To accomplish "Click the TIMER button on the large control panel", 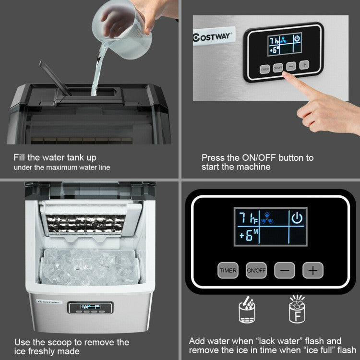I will [x=228, y=270].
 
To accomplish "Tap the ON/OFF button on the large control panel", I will [x=256, y=270].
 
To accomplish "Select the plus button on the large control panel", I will [x=312, y=270].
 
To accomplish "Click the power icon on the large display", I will [x=297, y=218].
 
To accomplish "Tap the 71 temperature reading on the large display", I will [x=246, y=218].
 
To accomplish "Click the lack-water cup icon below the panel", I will [x=247, y=310].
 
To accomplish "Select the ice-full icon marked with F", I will [x=298, y=310].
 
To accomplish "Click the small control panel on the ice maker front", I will [x=90, y=308].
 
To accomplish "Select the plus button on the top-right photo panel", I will [x=304, y=65].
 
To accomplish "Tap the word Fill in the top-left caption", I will [x=21, y=157].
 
